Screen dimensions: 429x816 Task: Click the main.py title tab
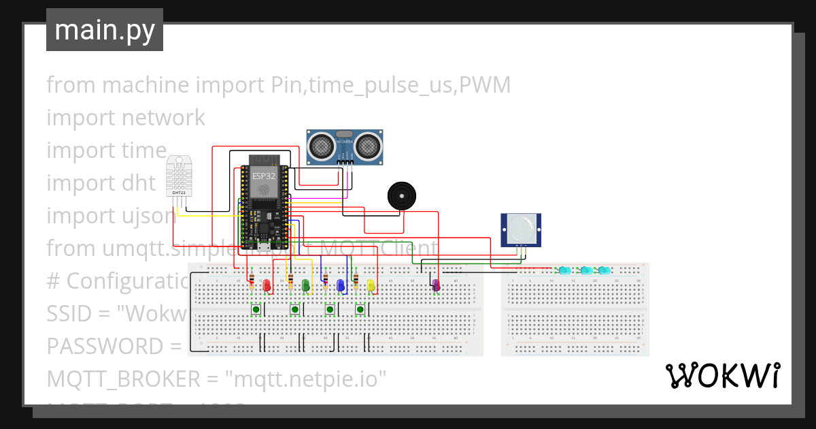(x=104, y=30)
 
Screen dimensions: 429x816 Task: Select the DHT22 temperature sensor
(x=180, y=176)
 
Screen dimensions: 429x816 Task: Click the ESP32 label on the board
(x=264, y=175)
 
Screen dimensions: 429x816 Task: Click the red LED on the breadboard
(x=267, y=286)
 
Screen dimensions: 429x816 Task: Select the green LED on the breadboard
(x=306, y=286)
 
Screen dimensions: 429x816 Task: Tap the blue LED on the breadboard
(x=341, y=286)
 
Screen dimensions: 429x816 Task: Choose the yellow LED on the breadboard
(x=371, y=286)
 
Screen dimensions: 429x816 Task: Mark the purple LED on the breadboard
(x=436, y=286)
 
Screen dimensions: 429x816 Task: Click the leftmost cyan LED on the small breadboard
(x=564, y=270)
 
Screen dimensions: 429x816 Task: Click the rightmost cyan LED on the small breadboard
(x=602, y=270)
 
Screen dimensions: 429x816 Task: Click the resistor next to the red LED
(x=252, y=280)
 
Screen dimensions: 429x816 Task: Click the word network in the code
(x=163, y=118)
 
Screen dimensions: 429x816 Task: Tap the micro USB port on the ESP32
(x=263, y=246)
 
